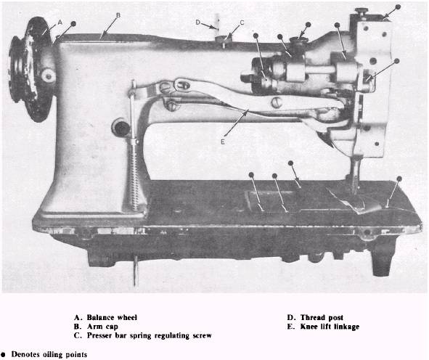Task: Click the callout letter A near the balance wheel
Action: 60,22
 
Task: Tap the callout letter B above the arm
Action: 118,15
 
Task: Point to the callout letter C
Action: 242,22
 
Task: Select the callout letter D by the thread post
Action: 198,22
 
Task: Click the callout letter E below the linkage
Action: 223,142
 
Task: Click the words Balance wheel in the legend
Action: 112,318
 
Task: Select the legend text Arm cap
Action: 102,327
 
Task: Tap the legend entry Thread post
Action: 322,318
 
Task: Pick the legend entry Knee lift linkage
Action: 330,327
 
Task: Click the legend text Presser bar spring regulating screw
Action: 149,335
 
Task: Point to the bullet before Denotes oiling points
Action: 3,354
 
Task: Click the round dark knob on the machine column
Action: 120,128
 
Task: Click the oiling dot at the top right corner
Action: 398,7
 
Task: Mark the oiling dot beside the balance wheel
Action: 73,24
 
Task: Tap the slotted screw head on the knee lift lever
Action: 277,102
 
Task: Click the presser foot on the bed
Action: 356,202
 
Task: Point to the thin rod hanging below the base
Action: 136,271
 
